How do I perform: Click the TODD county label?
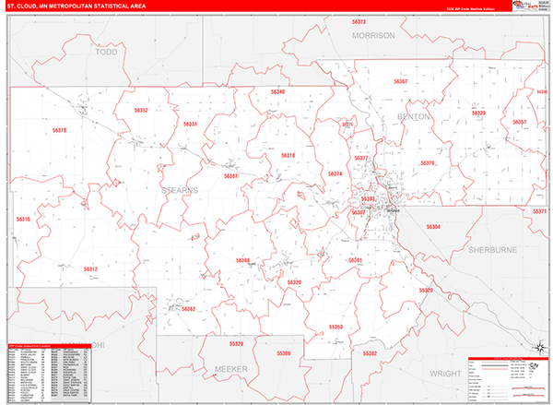click(108, 54)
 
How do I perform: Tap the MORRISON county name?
click(372, 35)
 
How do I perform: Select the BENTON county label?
click(414, 117)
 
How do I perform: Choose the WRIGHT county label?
click(446, 373)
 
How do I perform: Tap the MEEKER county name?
click(231, 368)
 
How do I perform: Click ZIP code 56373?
click(359, 21)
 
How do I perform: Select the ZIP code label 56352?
click(141, 110)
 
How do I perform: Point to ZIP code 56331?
click(190, 124)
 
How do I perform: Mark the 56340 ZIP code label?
click(278, 92)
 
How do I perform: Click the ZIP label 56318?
click(288, 156)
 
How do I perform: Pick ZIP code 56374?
click(335, 173)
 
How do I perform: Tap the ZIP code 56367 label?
click(400, 82)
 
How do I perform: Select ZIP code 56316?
click(23, 220)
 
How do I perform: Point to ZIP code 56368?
click(242, 261)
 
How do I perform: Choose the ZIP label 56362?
click(189, 309)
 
